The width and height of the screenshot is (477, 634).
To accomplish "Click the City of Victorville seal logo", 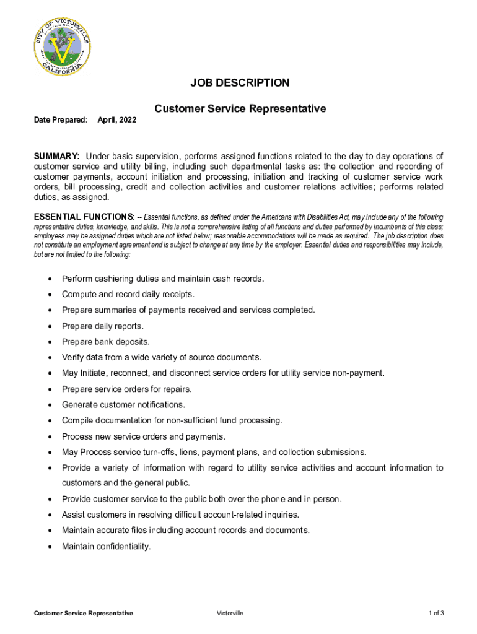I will pyautogui.click(x=62, y=46).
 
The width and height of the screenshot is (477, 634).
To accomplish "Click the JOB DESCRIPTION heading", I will pyautogui.click(x=240, y=83).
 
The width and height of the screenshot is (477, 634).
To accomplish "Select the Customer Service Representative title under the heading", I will pyautogui.click(x=240, y=109).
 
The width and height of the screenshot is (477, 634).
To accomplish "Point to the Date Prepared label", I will pyautogui.click(x=60, y=119).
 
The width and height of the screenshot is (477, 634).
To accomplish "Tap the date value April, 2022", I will pyautogui.click(x=117, y=119).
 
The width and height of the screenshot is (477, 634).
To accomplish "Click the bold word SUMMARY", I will pyautogui.click(x=56, y=155).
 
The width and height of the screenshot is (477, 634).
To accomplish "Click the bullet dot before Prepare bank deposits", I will pyautogui.click(x=49, y=342).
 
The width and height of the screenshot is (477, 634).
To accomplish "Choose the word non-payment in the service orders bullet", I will pyautogui.click(x=359, y=373).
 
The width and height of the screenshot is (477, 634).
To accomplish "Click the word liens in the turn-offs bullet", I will pyautogui.click(x=187, y=452).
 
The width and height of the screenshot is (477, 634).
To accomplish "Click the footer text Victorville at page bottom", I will pyautogui.click(x=230, y=613).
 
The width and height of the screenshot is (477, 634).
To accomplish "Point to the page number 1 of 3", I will pyautogui.click(x=436, y=613).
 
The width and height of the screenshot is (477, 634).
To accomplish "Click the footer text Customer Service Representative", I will pyautogui.click(x=83, y=613).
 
